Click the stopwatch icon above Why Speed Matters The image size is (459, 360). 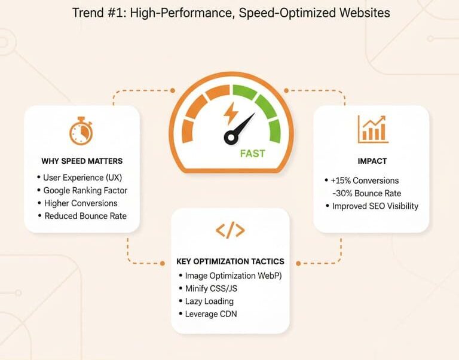(81, 132)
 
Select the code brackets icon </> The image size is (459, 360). (230, 230)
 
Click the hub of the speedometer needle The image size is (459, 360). (231, 138)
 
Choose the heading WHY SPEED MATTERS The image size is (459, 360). (82, 161)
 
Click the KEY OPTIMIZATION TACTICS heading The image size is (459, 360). (230, 262)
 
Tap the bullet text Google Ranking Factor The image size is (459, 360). (85, 191)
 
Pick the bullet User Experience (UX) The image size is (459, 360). (82, 178)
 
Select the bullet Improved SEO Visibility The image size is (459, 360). (375, 206)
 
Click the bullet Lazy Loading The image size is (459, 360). (209, 301)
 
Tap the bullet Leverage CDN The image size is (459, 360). (211, 314)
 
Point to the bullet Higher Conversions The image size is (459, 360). (80, 203)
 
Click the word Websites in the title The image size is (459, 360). (360, 13)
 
